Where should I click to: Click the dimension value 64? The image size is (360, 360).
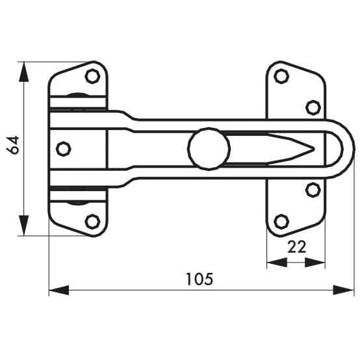click(12, 145)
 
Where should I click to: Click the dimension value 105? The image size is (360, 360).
click(199, 279)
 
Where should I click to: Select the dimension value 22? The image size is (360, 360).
click(296, 247)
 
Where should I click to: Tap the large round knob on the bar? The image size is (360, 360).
click(209, 149)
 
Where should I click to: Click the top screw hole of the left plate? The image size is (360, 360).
click(92, 76)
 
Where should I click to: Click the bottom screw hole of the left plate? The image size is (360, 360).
click(92, 222)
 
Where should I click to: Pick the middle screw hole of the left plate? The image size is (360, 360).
click(64, 149)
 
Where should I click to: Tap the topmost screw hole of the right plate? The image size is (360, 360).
click(281, 76)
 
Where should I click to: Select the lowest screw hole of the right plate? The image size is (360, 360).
click(281, 222)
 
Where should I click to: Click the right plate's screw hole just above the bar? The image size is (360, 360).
click(313, 107)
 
